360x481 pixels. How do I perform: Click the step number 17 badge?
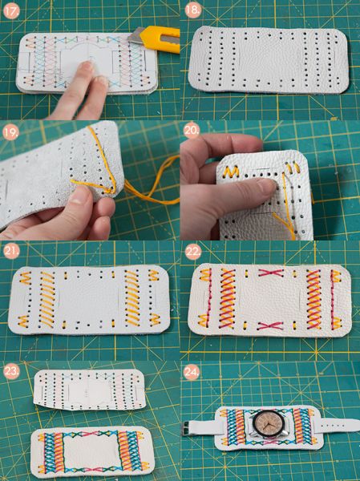[x=12, y=12]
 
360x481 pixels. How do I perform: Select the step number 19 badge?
[x=11, y=132]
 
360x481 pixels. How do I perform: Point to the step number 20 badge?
[x=192, y=131]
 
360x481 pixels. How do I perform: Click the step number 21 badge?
[x=12, y=252]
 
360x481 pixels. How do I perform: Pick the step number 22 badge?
[x=193, y=253]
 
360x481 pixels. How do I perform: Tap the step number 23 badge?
[x=12, y=371]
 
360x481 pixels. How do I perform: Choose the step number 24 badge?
[x=192, y=372]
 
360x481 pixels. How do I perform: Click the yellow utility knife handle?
[x=162, y=38]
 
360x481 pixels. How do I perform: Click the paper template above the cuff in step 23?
[x=89, y=390]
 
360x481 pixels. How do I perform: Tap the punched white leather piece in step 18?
[x=267, y=60]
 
